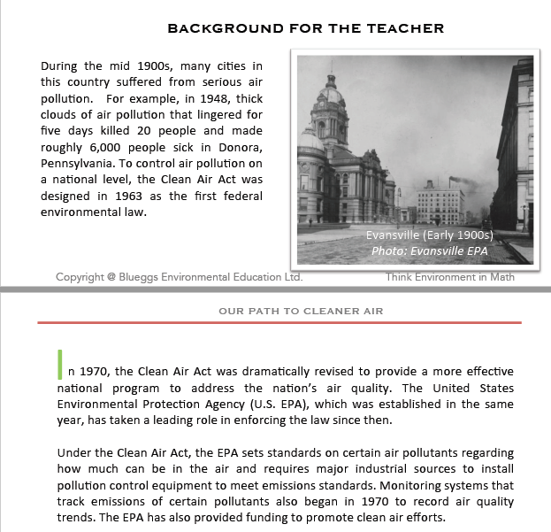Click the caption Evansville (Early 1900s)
(x=429, y=235)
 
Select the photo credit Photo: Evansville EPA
(x=429, y=251)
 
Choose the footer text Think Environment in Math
(x=449, y=277)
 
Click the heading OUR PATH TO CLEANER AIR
(x=301, y=311)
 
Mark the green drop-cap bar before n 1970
(x=59, y=365)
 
